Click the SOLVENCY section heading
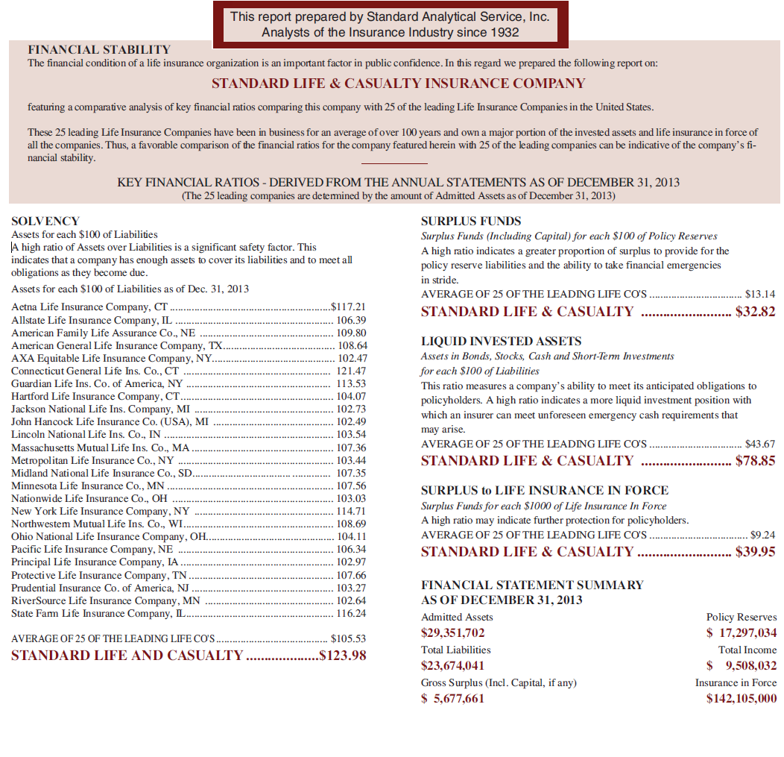pos(45,222)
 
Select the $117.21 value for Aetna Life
pos(348,307)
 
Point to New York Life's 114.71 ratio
pos(351,511)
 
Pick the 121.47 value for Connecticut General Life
pos(351,371)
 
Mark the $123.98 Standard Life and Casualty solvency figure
pos(342,656)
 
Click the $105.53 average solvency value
pos(348,638)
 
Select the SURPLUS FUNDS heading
pos(471,222)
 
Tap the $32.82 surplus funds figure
pos(755,312)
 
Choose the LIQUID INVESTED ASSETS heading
pos(501,342)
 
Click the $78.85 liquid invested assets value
pos(755,461)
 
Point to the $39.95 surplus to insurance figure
pos(755,552)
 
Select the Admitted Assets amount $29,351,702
pos(453,633)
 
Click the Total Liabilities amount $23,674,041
pos(453,666)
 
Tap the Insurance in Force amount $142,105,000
pos(742,699)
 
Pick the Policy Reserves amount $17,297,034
pos(742,633)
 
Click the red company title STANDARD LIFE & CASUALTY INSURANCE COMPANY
pos(398,84)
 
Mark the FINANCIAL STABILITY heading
pos(99,50)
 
